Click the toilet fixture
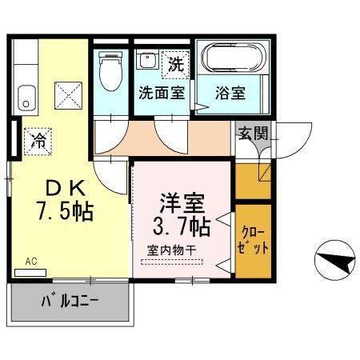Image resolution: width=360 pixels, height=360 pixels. (109, 72)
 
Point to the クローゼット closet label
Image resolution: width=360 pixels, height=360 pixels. (254, 240)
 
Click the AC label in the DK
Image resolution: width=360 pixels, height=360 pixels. (30, 261)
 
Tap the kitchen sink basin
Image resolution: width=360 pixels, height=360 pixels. (28, 97)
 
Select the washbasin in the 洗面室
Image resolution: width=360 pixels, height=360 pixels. (147, 61)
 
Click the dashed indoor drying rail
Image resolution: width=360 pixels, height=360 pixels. (174, 260)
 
